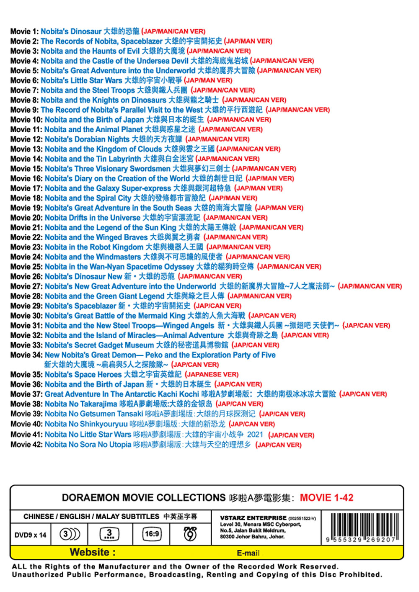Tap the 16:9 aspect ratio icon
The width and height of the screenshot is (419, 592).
[x=152, y=534]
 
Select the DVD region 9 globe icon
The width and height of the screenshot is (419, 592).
[x=190, y=534]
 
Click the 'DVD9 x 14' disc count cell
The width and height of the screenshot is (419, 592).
[x=31, y=535]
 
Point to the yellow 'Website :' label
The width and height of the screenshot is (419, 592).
[x=93, y=552]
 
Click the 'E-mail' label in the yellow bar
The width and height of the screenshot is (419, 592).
[x=248, y=553]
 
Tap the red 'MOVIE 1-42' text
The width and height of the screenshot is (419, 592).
[x=326, y=498]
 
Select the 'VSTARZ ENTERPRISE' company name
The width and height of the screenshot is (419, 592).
[x=253, y=518]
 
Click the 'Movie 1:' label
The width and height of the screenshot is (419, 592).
[x=24, y=31]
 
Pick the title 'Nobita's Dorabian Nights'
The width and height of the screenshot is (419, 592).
[x=87, y=139]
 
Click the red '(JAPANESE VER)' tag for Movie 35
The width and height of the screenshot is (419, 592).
[x=212, y=375]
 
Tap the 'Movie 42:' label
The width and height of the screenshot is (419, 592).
[x=26, y=445]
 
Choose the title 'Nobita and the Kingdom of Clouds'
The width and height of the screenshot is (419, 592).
[x=103, y=149]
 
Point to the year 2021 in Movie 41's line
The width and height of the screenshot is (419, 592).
[x=255, y=435]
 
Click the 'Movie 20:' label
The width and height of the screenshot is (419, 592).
[x=26, y=218]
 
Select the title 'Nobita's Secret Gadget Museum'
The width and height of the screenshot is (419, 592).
[x=99, y=345]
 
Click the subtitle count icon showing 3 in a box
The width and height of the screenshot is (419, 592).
[x=109, y=534]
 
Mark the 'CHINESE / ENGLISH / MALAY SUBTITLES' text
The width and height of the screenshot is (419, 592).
[x=91, y=517]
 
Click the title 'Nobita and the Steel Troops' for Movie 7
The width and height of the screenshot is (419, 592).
[x=88, y=90]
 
